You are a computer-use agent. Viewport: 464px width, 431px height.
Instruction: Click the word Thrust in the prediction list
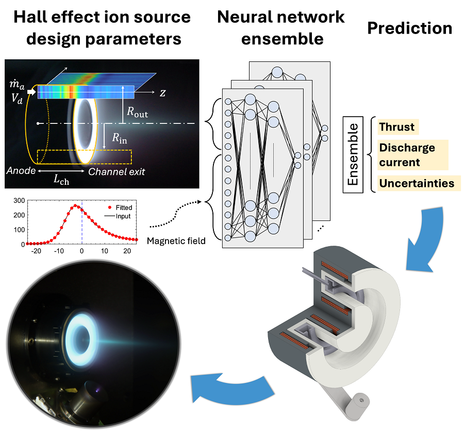click(x=396, y=127)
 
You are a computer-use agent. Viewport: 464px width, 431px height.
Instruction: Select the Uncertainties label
click(x=417, y=183)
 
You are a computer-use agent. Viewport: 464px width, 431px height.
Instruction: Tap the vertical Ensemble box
click(x=353, y=155)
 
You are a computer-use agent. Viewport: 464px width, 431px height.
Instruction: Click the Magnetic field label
click(x=176, y=241)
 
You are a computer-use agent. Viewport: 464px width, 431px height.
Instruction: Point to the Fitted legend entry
click(x=120, y=207)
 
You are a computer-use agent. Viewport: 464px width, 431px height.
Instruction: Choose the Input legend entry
click(x=118, y=216)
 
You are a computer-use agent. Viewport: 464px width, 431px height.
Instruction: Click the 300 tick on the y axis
click(x=19, y=201)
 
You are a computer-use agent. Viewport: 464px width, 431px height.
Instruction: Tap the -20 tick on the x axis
click(x=36, y=251)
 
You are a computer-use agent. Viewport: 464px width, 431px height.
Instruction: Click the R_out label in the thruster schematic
click(x=137, y=112)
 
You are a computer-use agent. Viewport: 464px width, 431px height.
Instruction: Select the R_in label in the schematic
click(x=120, y=138)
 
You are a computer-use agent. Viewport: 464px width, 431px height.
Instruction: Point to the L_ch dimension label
click(x=61, y=180)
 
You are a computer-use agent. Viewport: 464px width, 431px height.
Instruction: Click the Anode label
click(x=21, y=171)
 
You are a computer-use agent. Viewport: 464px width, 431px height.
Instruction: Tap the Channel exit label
click(x=117, y=171)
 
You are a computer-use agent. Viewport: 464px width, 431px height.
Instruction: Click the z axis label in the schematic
click(x=162, y=93)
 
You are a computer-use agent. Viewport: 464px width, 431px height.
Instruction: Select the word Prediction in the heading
click(x=410, y=28)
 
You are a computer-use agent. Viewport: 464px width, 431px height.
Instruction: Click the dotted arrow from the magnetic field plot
click(x=175, y=213)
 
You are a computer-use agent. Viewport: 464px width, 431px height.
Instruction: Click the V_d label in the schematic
click(x=17, y=98)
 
